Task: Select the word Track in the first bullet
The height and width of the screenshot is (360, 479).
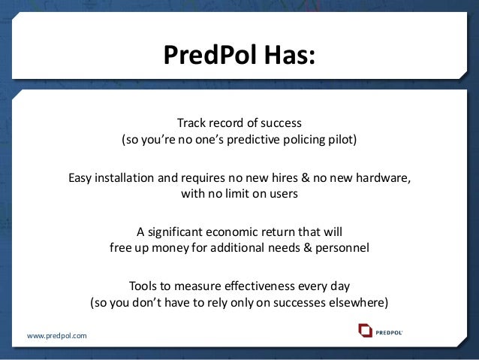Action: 192,122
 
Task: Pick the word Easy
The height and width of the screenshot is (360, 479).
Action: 81,178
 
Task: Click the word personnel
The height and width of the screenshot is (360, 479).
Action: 342,247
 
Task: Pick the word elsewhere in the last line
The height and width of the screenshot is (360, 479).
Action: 359,303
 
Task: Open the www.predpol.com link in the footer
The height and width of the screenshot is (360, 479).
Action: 57,335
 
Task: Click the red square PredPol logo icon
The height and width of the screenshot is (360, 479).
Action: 366,330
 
